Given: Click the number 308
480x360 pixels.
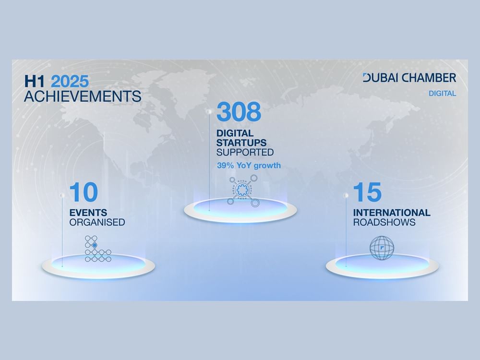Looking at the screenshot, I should pyautogui.click(x=239, y=111).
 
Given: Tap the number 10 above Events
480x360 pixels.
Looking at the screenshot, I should pyautogui.click(x=84, y=192).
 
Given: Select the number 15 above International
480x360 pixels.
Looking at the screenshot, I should pyautogui.click(x=367, y=192).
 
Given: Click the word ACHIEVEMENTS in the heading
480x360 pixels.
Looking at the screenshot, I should pyautogui.click(x=83, y=96).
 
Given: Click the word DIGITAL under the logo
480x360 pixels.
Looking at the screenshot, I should pyautogui.click(x=442, y=94).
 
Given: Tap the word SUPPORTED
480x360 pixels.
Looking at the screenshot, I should pyautogui.click(x=245, y=152).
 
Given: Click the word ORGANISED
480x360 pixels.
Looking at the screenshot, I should pyautogui.click(x=97, y=222).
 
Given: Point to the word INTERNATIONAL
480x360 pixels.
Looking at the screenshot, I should pyautogui.click(x=392, y=213).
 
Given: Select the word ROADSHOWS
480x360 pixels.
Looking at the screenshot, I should pyautogui.click(x=384, y=222).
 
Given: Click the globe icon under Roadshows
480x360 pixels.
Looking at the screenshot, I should pyautogui.click(x=382, y=248).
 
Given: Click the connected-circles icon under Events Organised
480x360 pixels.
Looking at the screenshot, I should pyautogui.click(x=97, y=249).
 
